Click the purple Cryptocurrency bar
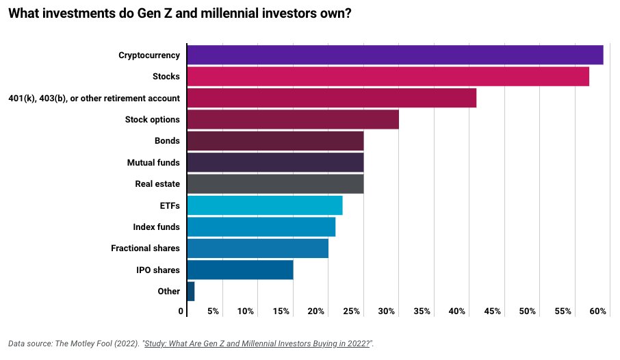394,55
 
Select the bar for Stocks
387,77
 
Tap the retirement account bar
331,98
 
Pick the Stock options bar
292,119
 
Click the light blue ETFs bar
264,205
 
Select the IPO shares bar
240,270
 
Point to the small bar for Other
190,292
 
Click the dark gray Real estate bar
274,184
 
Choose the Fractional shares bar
257,248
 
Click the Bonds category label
167,141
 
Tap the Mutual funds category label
153,163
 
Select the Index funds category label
156,227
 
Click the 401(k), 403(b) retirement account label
94,98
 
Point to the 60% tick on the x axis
598,311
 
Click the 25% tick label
352,311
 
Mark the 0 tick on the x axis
181,311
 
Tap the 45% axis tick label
492,311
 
